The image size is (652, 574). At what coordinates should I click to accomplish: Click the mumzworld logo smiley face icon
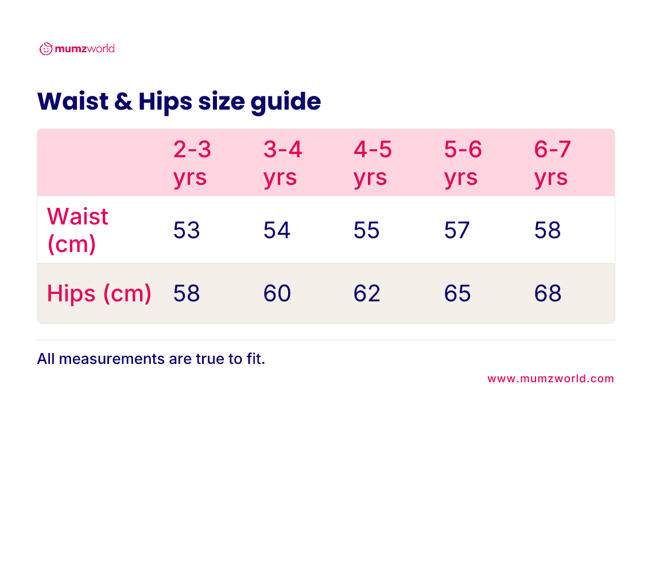coord(46,49)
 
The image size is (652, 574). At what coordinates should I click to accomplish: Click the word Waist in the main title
coord(73,101)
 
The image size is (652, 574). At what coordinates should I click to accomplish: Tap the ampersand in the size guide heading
coord(123,102)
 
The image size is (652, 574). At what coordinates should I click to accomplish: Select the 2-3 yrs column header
coord(192,164)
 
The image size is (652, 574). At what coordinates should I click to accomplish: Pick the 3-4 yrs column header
coord(282,164)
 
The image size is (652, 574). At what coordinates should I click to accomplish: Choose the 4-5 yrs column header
coord(372,164)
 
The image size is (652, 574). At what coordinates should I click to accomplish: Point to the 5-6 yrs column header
coord(463,164)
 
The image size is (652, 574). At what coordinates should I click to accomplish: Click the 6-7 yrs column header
coord(553,164)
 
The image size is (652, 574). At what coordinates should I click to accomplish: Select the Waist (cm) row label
coord(77,230)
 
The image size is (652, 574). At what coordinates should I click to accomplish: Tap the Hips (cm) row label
coord(99,294)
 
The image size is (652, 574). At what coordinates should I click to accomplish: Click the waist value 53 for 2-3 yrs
coord(187,230)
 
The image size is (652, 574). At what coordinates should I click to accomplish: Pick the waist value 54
coord(277,230)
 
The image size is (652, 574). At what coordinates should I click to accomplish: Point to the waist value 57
coord(457,230)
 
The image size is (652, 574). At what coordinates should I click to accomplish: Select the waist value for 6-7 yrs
coord(548,230)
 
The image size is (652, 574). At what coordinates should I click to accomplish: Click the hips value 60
coord(277,293)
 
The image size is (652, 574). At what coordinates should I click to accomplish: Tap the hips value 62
coord(367,293)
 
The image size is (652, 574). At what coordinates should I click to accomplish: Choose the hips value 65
coord(457,293)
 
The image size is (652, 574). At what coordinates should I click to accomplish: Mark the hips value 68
coord(548,293)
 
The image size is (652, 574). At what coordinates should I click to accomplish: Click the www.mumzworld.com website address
coord(550,378)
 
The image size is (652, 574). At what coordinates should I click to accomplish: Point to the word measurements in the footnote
coord(112,359)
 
